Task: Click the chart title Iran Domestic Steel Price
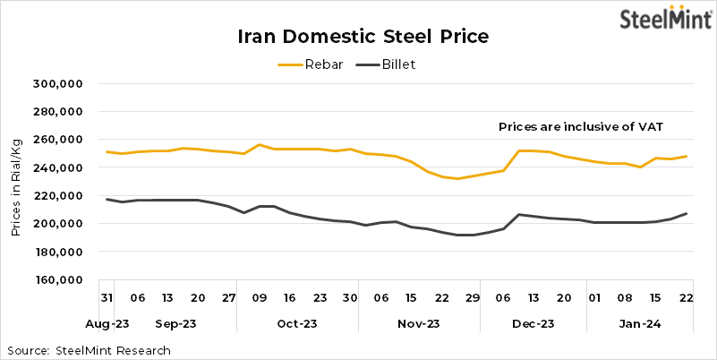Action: (x=363, y=37)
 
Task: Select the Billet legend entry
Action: (x=386, y=64)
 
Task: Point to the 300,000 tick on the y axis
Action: (x=58, y=83)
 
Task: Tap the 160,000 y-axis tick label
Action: (x=58, y=279)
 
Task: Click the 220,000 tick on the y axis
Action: (x=58, y=195)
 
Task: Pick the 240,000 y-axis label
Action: (x=58, y=167)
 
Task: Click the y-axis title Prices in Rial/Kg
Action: (x=16, y=182)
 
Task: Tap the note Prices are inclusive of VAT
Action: (x=580, y=127)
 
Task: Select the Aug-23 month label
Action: (x=107, y=323)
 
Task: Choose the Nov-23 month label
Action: (x=419, y=323)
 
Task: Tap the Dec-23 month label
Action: (x=535, y=323)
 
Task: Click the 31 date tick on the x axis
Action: (x=107, y=297)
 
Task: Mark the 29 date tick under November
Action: (x=473, y=297)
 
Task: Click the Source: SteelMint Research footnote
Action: (x=89, y=349)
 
